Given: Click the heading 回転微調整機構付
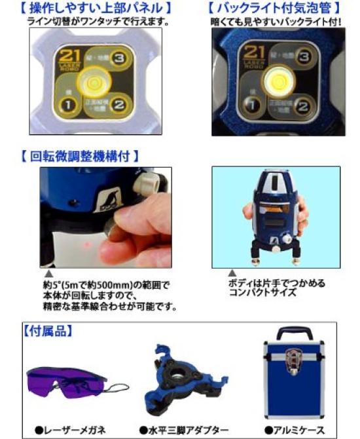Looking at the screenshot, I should [81, 157].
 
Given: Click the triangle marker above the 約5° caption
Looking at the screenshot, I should [48, 274].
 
